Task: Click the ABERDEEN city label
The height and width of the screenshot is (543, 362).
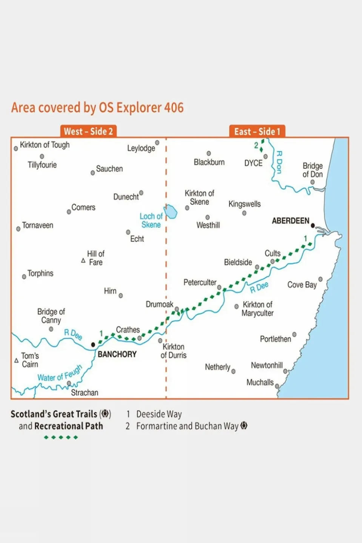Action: pyautogui.click(x=290, y=221)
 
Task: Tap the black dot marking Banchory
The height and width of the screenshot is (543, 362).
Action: pyautogui.click(x=93, y=345)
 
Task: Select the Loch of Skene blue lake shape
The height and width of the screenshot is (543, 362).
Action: pyautogui.click(x=171, y=212)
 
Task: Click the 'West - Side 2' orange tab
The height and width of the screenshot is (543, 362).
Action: pyautogui.click(x=88, y=131)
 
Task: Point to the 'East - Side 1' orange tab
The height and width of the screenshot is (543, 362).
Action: pyautogui.click(x=257, y=131)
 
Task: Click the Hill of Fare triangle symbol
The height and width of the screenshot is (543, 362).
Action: pyautogui.click(x=83, y=261)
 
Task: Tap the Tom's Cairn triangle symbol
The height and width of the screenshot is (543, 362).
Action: pyautogui.click(x=16, y=360)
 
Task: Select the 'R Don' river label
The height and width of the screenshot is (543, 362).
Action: pyautogui.click(x=279, y=162)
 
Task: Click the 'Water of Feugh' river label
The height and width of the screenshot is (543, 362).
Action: pyautogui.click(x=60, y=373)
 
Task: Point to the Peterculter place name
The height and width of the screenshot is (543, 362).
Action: pyautogui.click(x=200, y=282)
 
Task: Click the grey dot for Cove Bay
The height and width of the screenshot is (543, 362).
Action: pyautogui.click(x=320, y=279)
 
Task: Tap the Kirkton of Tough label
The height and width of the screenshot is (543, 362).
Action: pyautogui.click(x=45, y=145)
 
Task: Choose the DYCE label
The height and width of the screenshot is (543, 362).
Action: pyautogui.click(x=253, y=163)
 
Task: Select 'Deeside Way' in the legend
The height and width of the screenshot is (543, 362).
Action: pyautogui.click(x=159, y=414)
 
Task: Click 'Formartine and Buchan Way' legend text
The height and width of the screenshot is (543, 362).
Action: pyautogui.click(x=187, y=426)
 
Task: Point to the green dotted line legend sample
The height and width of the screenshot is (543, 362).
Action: pyautogui.click(x=61, y=437)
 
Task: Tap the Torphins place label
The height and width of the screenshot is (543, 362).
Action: pyautogui.click(x=40, y=273)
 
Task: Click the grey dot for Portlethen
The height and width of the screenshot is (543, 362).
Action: pyautogui.click(x=294, y=334)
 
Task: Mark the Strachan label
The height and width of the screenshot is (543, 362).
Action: pyautogui.click(x=85, y=392)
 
